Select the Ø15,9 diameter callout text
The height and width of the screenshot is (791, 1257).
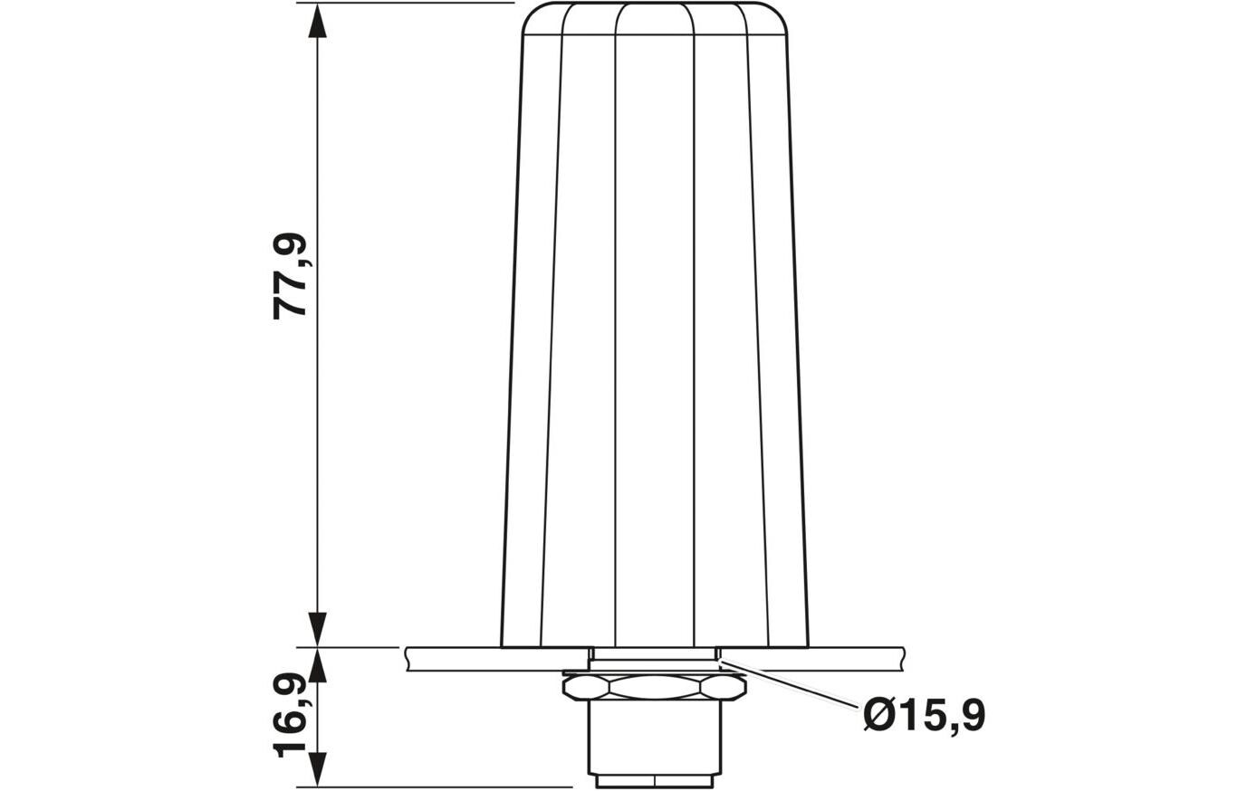point(924,716)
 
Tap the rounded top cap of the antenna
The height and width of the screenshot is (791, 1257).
point(654,19)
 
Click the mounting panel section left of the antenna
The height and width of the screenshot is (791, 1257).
point(453,659)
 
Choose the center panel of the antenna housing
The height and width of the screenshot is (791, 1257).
point(654,335)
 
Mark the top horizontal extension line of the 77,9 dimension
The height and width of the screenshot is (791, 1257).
point(408,4)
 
